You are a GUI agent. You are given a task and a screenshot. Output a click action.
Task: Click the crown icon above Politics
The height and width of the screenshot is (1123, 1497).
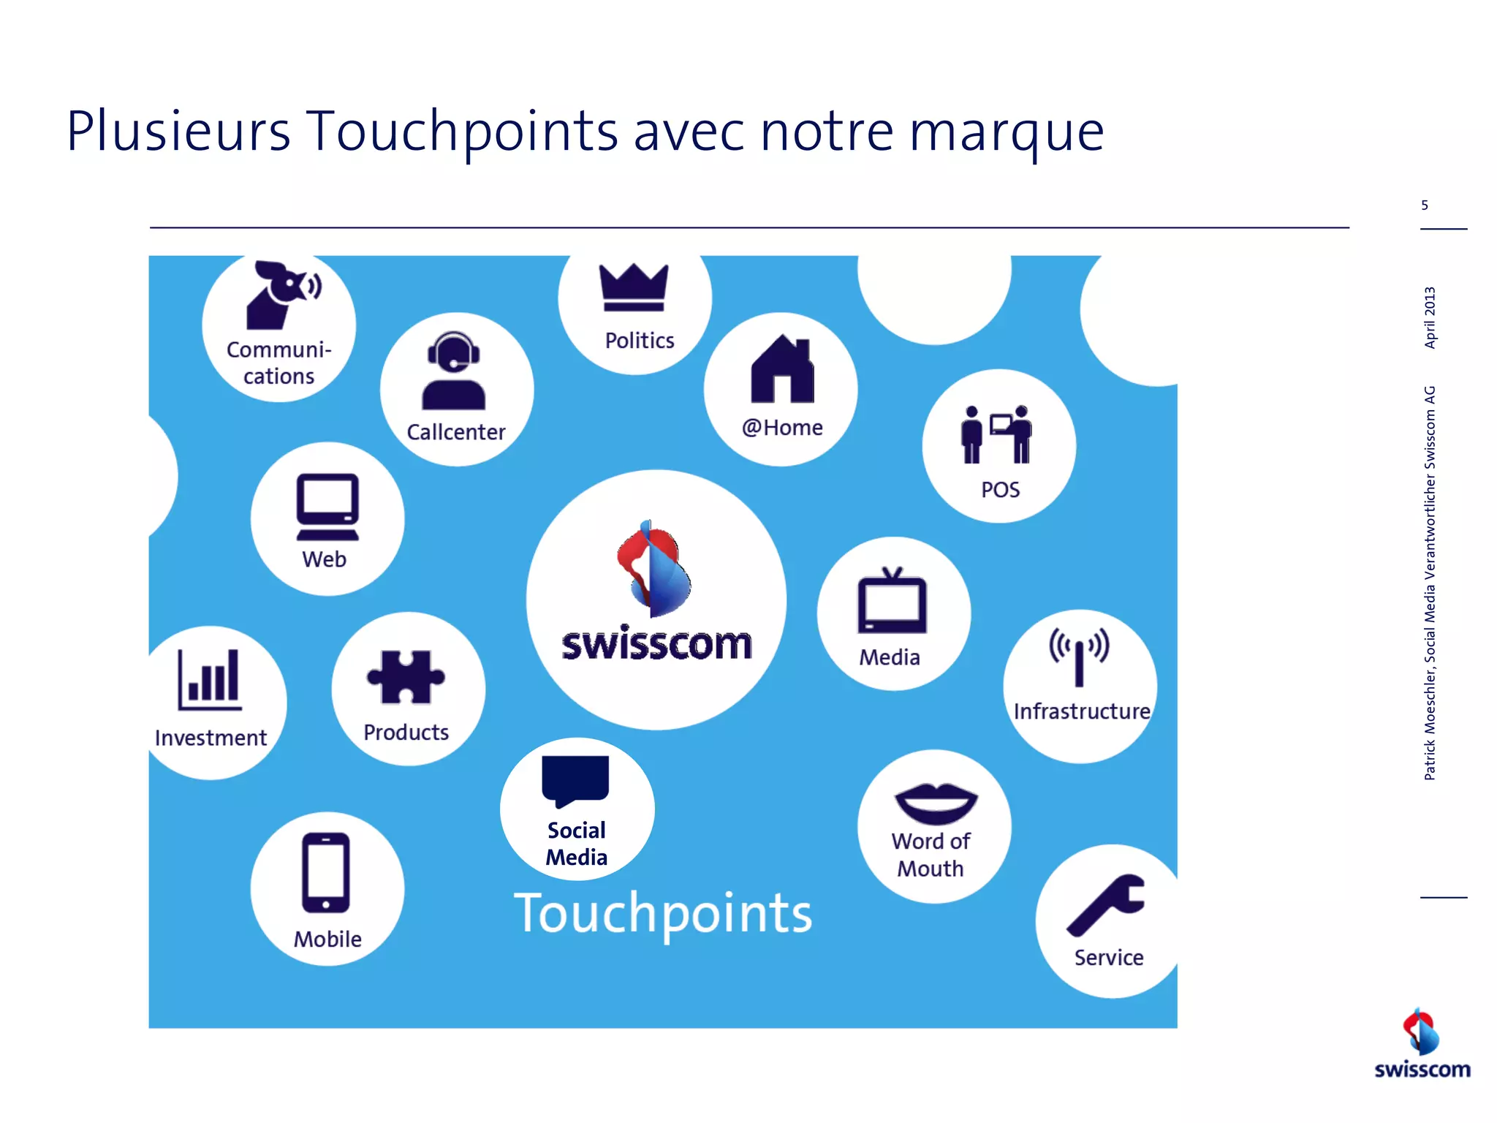634,287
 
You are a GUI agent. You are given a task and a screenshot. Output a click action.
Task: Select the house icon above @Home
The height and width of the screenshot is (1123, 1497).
782,370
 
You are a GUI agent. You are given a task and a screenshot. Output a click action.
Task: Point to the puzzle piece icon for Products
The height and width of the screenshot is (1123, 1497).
406,677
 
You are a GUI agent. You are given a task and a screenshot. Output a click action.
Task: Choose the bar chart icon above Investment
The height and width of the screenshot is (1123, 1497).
210,680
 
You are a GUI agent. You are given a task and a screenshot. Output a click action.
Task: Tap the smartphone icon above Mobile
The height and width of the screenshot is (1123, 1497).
326,872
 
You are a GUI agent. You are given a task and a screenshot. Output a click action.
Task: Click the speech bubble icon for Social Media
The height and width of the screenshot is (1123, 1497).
575,780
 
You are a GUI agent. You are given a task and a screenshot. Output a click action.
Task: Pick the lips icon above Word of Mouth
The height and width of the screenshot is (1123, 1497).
936,803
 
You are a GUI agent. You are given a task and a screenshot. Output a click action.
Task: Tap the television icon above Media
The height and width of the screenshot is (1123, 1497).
892,601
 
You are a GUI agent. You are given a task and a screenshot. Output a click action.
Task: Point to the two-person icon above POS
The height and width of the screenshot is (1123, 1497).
997,434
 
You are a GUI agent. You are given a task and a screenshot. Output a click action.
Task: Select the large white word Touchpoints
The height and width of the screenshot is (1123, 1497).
663,913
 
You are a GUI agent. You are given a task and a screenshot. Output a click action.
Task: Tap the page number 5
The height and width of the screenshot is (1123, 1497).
1425,205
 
